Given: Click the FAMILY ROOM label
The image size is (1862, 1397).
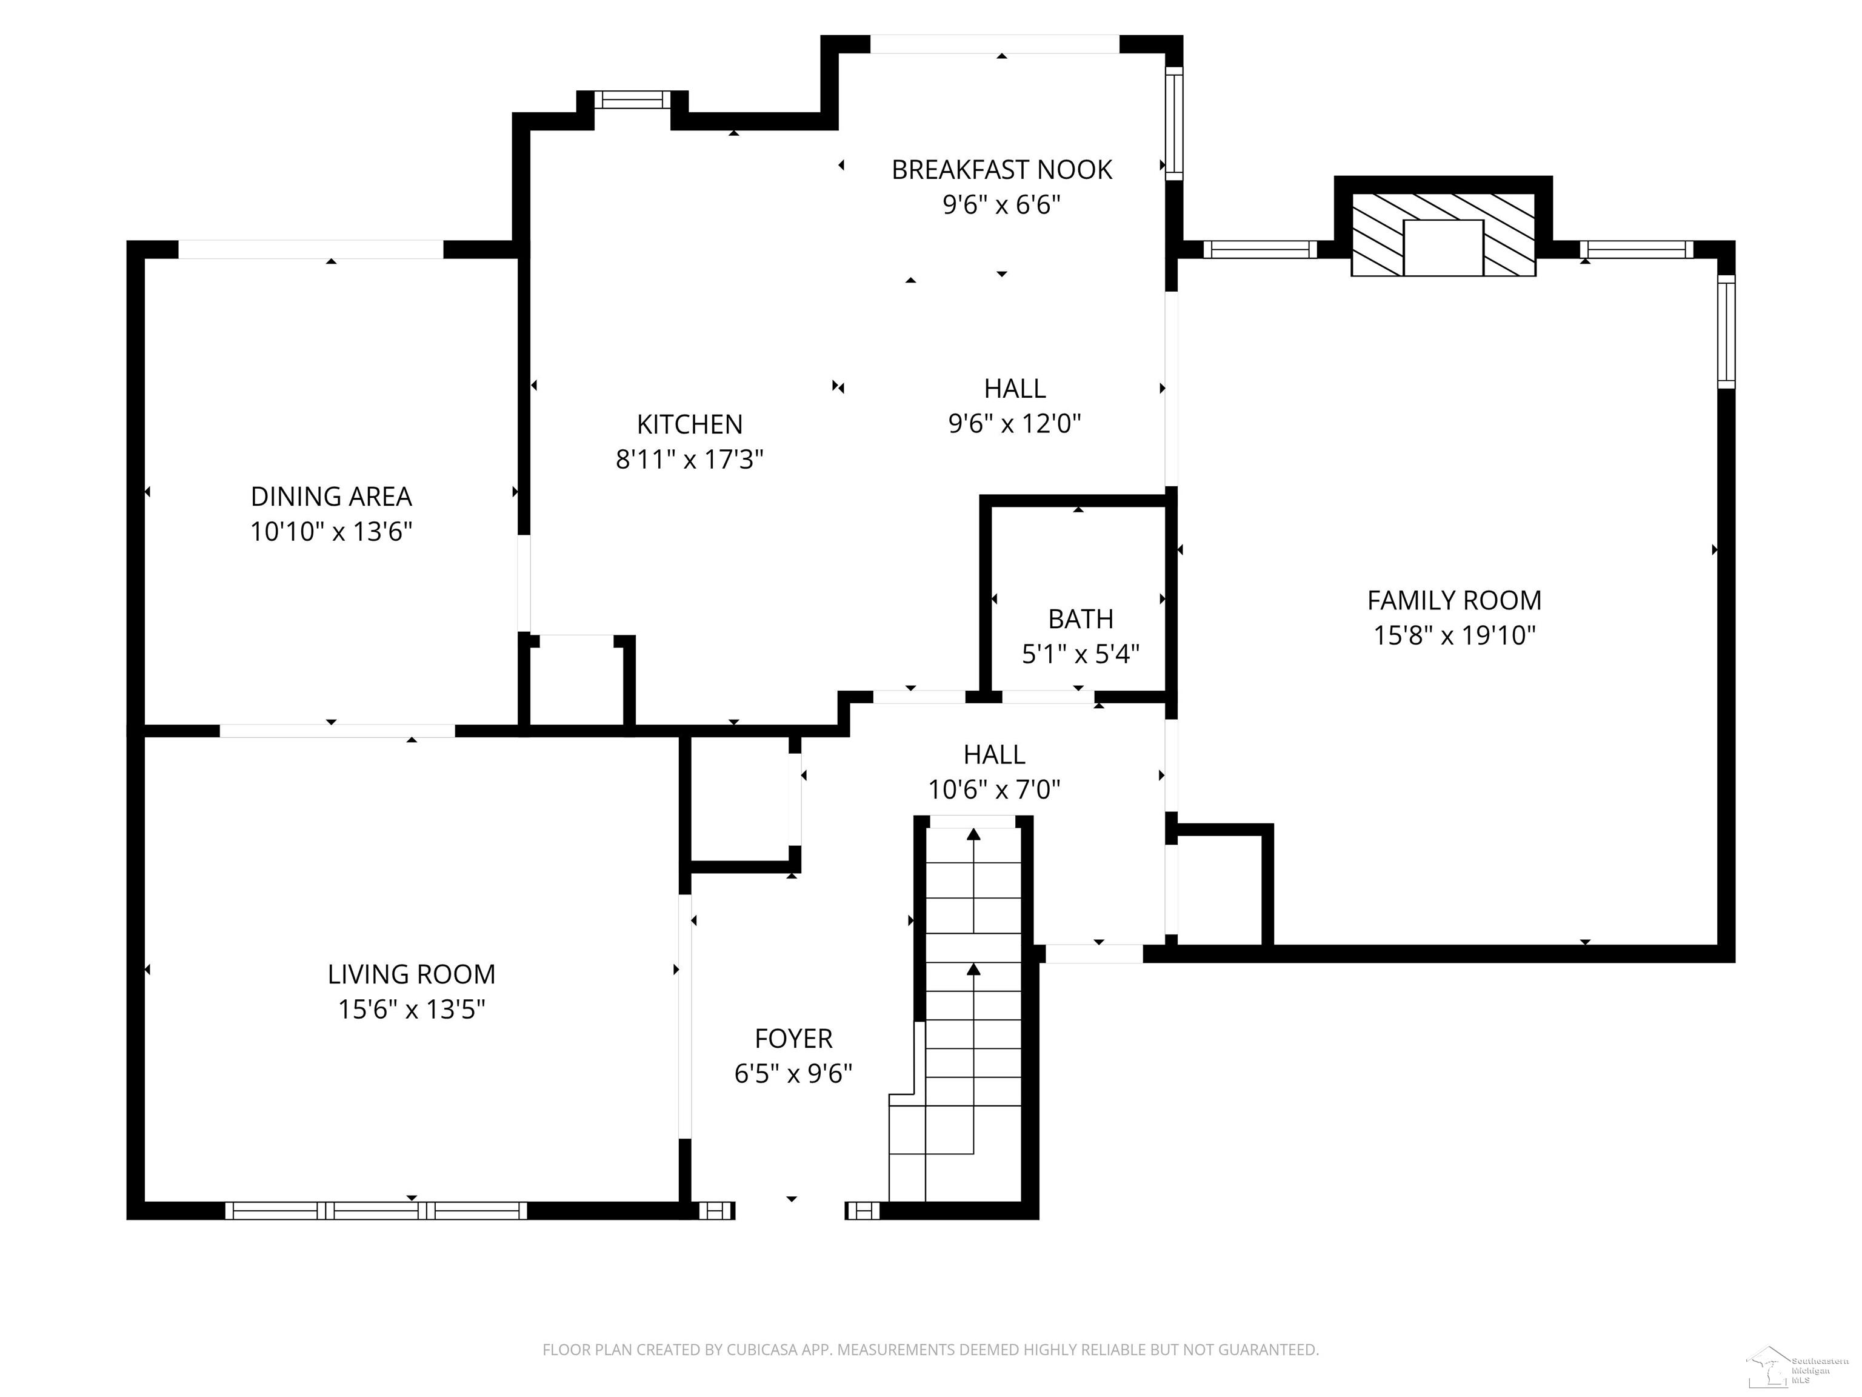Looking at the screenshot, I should (x=1453, y=600).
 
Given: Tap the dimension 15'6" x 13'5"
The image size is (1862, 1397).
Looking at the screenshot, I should (x=412, y=1009).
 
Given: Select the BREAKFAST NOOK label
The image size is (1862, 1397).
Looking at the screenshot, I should (x=1001, y=170).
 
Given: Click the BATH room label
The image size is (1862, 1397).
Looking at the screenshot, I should (x=1080, y=619).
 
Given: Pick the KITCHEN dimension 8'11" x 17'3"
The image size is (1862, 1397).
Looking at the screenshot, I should (x=689, y=460).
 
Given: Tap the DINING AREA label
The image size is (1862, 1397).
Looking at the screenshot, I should (x=331, y=497).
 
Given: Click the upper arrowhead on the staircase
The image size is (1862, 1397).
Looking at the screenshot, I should (x=974, y=834).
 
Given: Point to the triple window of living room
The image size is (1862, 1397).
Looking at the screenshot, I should (x=376, y=1211).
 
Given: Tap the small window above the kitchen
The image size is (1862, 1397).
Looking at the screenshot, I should (x=632, y=100).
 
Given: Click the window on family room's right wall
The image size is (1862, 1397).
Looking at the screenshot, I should (x=1726, y=331).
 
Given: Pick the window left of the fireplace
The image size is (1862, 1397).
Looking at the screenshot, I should (x=1260, y=249).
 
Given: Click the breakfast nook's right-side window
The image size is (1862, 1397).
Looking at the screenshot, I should (x=1173, y=123).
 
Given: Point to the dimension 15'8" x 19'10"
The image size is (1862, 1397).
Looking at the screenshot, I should (x=1453, y=635).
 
